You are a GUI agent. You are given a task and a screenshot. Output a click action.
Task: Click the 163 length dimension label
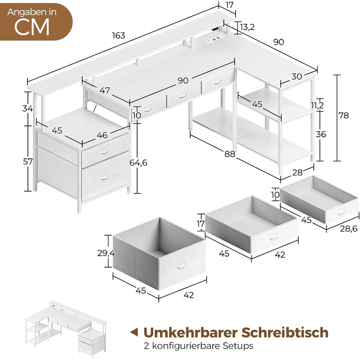(x=118, y=35)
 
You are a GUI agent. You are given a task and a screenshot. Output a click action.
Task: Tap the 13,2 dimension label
(x=247, y=27)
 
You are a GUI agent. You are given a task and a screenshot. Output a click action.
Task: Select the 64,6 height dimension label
(x=138, y=163)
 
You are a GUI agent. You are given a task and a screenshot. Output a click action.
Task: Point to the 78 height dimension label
(x=344, y=116)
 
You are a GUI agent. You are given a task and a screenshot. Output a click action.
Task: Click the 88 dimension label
(x=230, y=154)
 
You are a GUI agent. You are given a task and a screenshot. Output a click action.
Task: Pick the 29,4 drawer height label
(x=106, y=253)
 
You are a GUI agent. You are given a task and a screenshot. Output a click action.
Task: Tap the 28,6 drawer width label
(x=349, y=228)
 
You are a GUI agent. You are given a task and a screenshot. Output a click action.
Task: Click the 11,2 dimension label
(x=317, y=105)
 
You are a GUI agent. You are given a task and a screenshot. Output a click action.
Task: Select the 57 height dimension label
(x=28, y=161)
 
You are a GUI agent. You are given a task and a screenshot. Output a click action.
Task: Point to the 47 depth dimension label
(x=105, y=90)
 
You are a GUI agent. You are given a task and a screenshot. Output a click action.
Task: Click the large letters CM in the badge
(x=32, y=27)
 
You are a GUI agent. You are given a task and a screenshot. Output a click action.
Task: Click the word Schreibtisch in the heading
(x=285, y=332)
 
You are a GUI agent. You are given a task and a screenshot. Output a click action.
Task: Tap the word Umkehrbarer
(x=191, y=332)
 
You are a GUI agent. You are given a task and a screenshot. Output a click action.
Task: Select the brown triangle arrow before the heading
(x=134, y=332)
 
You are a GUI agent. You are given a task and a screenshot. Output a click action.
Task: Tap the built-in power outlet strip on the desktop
(x=214, y=39)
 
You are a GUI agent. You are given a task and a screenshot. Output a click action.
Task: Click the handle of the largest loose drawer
(x=182, y=265)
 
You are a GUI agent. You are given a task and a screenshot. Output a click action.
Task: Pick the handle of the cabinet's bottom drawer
(x=106, y=177)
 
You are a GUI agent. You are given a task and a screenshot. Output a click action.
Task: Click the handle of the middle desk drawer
(x=184, y=96)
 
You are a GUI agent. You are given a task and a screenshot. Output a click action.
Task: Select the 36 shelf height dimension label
(x=321, y=134)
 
